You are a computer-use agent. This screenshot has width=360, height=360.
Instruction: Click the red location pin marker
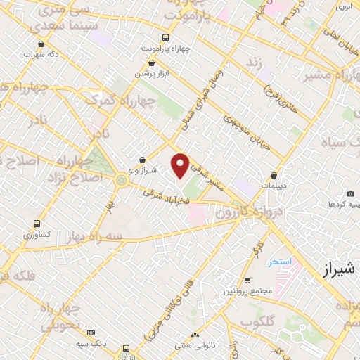(x=181, y=164)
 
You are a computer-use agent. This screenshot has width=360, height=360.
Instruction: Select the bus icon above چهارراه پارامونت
(x=165, y=37)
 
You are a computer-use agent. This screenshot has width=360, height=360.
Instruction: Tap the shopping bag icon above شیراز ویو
(x=143, y=160)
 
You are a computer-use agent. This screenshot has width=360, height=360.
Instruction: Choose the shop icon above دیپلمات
(x=274, y=176)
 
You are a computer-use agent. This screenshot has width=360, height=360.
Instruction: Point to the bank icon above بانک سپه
(x=91, y=333)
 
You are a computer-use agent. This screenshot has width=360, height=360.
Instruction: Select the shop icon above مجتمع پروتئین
(x=247, y=280)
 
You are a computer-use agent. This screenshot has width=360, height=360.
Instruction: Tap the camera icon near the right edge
(x=350, y=193)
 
